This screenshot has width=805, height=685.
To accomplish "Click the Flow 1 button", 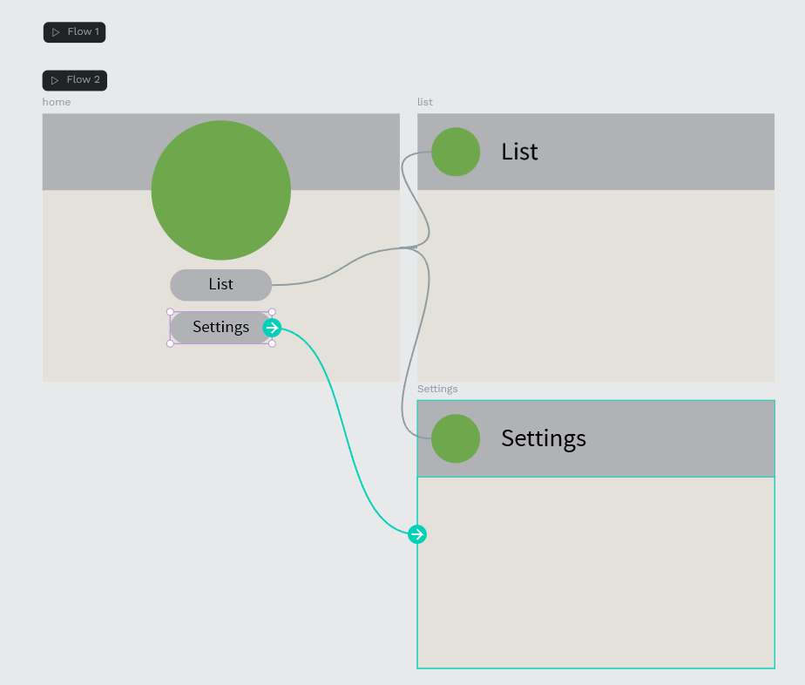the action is [x=74, y=32].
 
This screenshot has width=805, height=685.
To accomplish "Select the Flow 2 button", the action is [x=75, y=81].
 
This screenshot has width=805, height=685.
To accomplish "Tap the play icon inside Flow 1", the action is [x=56, y=32].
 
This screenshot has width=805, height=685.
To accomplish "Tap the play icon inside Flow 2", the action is [x=55, y=81].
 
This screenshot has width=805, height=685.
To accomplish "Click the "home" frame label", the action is [x=57, y=102].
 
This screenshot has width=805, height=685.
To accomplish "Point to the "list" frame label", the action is [x=425, y=102].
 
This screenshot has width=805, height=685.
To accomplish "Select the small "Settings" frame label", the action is [x=437, y=389].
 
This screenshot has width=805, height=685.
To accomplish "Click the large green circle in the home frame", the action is [x=221, y=191].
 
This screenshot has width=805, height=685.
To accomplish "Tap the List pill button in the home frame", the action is [x=220, y=285].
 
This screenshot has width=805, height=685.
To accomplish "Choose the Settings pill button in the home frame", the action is [x=220, y=328].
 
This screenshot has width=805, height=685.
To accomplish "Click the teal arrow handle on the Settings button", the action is [x=272, y=328].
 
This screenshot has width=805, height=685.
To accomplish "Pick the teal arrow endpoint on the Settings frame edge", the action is [x=417, y=534].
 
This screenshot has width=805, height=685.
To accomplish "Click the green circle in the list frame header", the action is [x=456, y=152].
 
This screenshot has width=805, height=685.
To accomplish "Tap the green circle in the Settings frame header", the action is [x=456, y=439].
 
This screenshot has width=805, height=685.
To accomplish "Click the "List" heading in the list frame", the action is [x=519, y=152].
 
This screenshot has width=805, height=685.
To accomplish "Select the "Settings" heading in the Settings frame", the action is [x=544, y=439].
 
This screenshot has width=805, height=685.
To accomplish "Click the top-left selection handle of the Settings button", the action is [x=171, y=312].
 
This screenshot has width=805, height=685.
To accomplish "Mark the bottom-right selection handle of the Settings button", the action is [x=272, y=343].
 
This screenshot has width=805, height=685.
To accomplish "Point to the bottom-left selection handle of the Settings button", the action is [x=171, y=343].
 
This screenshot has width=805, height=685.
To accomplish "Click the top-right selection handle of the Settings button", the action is [x=272, y=312].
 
